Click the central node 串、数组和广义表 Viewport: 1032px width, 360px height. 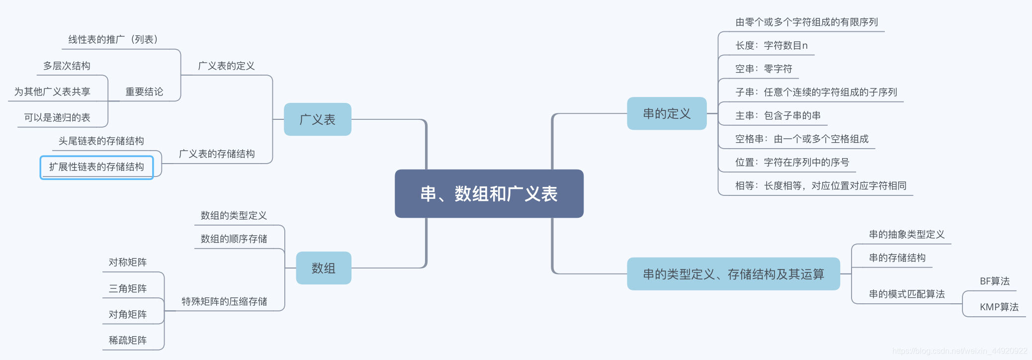[489, 193]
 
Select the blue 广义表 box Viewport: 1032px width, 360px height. [317, 119]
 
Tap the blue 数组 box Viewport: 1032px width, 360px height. [323, 268]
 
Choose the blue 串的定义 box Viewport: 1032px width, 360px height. [667, 113]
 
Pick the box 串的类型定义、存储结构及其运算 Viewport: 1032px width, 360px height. [733, 274]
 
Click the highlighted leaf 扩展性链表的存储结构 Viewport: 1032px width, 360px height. [96, 167]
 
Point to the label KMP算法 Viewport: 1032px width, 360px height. [999, 307]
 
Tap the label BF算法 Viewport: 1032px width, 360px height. [994, 281]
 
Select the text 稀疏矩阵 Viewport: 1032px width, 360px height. [128, 341]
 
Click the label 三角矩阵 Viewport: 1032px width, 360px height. [128, 289]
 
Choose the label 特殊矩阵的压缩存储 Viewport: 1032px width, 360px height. [224, 302]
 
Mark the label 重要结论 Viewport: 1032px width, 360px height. [144, 92]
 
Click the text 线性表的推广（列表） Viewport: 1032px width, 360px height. [113, 40]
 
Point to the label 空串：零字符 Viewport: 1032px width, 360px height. [764, 69]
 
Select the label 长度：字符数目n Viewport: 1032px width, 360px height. [772, 46]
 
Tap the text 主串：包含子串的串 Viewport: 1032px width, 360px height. [778, 116]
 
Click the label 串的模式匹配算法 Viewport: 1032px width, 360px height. [907, 294]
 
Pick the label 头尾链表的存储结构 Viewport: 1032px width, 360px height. [101, 141]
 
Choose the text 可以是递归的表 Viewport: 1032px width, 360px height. [57, 118]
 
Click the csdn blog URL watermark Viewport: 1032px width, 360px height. [959, 351]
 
